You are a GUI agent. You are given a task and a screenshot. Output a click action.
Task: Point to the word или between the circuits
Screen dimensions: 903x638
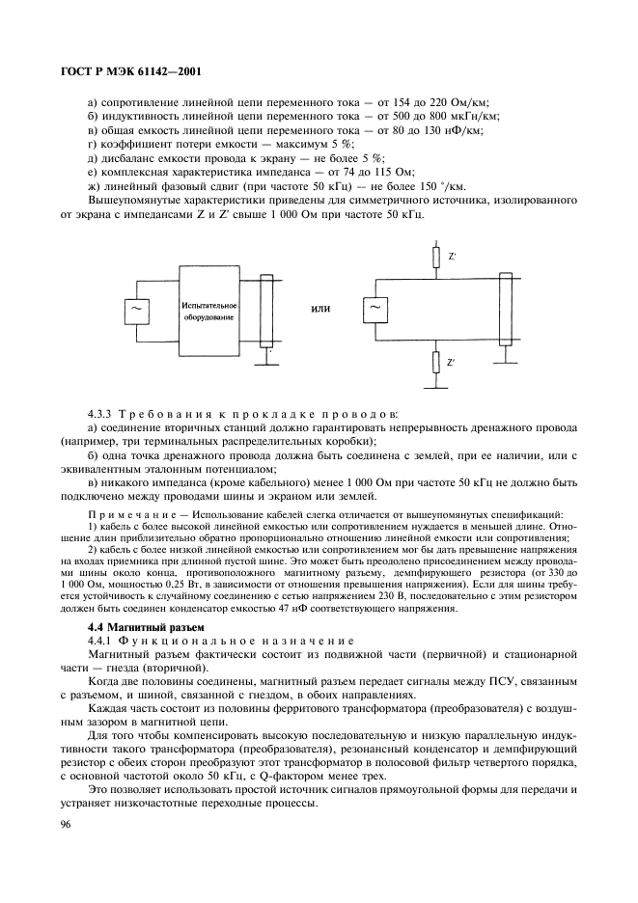point(320,310)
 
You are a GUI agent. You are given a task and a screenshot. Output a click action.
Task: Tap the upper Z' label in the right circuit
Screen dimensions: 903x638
point(452,258)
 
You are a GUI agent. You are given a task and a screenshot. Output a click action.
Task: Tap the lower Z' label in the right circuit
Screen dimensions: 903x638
point(452,363)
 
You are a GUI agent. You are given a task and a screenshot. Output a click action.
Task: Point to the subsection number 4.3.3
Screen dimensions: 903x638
point(104,413)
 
